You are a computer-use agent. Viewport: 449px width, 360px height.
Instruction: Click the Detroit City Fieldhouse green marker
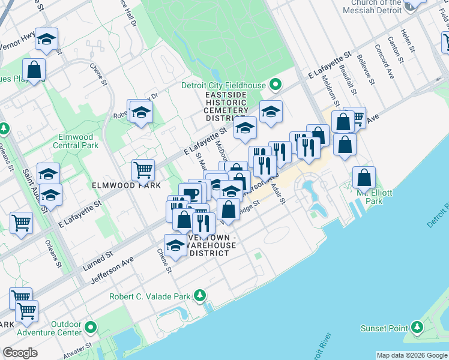276,85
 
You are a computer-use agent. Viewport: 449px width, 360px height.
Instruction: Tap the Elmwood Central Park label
75,141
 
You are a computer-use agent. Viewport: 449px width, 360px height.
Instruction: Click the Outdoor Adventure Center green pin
91,327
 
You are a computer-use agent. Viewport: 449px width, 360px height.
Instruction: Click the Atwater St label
79,349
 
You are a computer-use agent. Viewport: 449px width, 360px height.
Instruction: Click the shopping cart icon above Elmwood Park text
143,170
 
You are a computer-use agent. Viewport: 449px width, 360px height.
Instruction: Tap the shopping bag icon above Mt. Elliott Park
364,177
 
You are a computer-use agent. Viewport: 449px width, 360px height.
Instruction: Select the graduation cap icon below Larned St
175,245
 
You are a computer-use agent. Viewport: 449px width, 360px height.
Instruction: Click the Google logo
20,353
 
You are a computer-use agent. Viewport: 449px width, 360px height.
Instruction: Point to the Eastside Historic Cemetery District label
226,106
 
